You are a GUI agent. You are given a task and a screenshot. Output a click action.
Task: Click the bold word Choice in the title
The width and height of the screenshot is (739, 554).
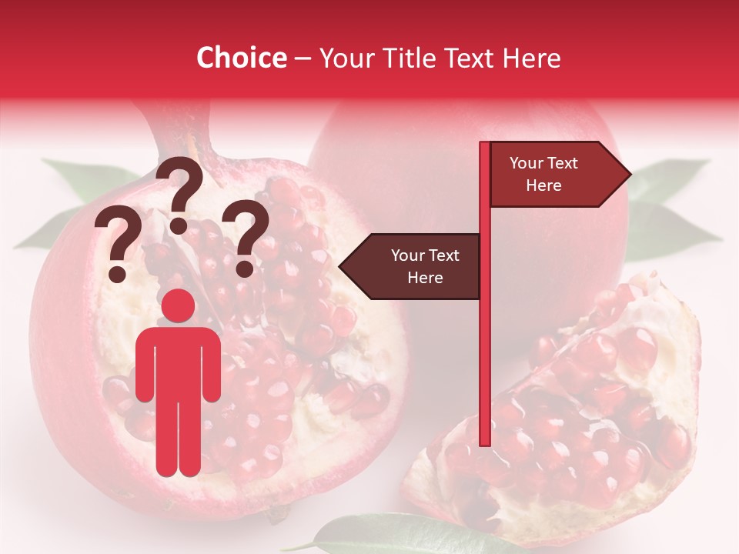[241, 58]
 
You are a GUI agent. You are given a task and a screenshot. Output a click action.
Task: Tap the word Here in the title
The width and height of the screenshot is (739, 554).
[531, 58]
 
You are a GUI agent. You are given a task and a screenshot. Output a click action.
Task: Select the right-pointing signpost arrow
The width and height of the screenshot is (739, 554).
[559, 174]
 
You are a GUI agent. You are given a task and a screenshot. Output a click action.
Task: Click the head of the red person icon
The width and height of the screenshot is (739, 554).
[179, 306]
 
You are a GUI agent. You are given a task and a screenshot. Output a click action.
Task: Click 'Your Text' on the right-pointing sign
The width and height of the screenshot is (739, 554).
[543, 163]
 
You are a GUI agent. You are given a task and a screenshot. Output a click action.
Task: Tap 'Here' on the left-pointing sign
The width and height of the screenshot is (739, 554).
[425, 278]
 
